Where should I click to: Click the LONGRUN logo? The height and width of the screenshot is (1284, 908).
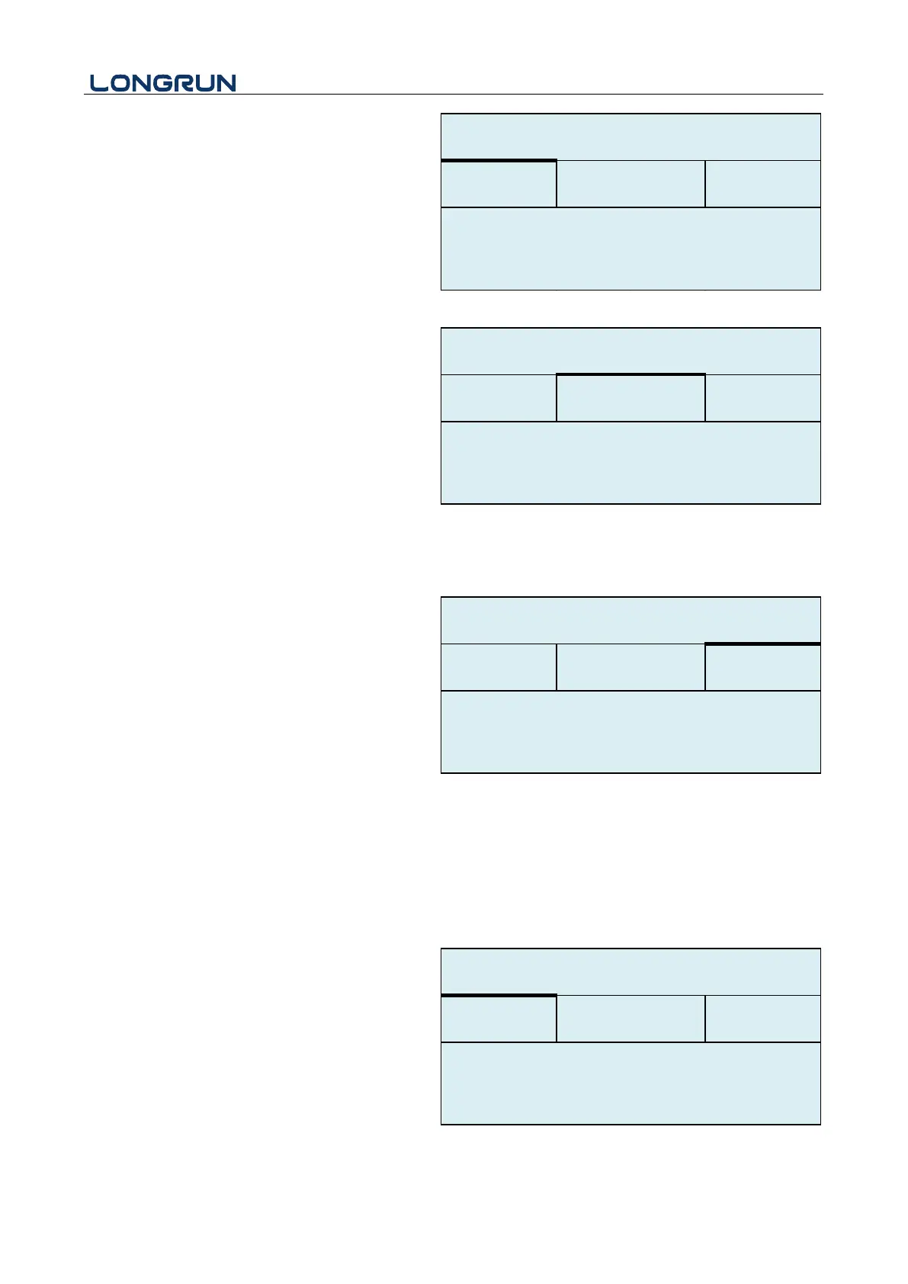[x=163, y=83]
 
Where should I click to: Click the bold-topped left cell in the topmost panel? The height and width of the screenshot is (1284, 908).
[x=499, y=184]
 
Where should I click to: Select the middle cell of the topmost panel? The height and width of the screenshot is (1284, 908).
[x=630, y=184]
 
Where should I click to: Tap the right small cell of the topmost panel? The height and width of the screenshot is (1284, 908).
[x=762, y=184]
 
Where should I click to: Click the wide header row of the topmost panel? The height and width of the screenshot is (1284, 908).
[x=630, y=137]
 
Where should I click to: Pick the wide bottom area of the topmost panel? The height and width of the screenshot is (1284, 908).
[x=630, y=249]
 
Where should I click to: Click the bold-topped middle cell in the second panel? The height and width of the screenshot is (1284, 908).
[x=630, y=398]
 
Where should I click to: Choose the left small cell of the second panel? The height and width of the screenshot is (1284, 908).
[x=499, y=398]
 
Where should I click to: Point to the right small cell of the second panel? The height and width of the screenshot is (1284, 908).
[x=762, y=398]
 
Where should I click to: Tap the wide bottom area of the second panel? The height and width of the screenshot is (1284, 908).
[x=630, y=463]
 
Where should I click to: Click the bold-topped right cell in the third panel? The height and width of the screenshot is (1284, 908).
[x=762, y=668]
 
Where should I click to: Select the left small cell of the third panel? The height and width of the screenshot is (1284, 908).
[x=499, y=668]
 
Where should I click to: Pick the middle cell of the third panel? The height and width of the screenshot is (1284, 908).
[x=630, y=668]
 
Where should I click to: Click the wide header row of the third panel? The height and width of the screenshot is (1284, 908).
[x=630, y=621]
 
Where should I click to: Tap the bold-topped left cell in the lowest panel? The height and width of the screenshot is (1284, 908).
[x=499, y=1019]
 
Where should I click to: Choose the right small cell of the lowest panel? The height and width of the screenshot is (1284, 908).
[x=762, y=1019]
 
